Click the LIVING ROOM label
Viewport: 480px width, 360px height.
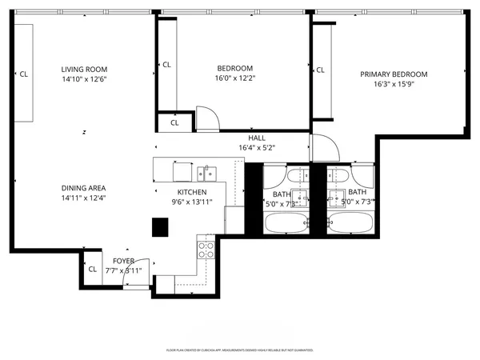point(84,69)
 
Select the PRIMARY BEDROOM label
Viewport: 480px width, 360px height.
point(394,74)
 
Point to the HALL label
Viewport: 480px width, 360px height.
point(257,137)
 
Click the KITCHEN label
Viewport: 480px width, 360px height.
point(192,193)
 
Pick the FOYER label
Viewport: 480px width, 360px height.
point(123,262)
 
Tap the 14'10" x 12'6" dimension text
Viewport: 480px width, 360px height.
point(84,79)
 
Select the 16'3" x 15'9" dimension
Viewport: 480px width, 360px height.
point(394,85)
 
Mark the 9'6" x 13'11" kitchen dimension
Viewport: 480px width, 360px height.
point(192,203)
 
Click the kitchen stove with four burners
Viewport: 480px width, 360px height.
point(206,248)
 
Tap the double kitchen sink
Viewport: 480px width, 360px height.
point(207,172)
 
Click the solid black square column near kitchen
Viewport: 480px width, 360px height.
point(160,227)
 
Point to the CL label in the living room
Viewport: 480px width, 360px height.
point(24,74)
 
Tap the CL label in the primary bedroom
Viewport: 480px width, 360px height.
point(321,70)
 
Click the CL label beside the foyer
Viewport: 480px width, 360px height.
point(92,270)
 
